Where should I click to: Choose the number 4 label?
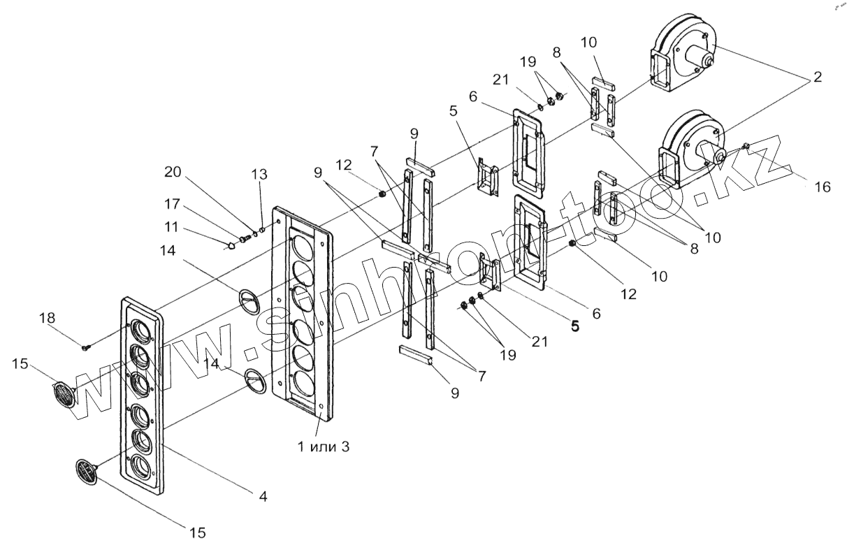262,497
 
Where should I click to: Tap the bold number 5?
574,326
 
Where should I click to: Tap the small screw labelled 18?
85,347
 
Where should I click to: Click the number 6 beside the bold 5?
596,314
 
